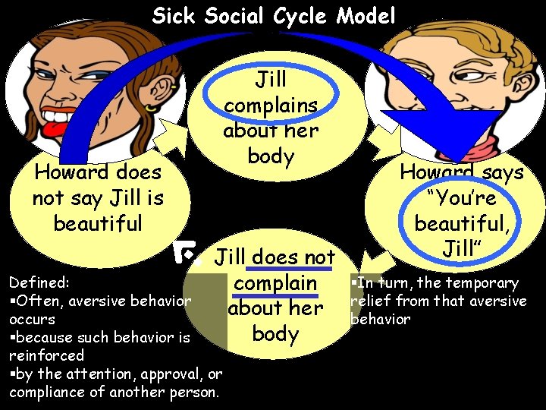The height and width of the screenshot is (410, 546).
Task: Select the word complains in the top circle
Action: [271, 105]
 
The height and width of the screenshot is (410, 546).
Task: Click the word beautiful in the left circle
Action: [98, 223]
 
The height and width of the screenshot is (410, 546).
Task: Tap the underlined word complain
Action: [275, 283]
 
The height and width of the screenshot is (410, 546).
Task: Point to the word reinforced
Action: [47, 355]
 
